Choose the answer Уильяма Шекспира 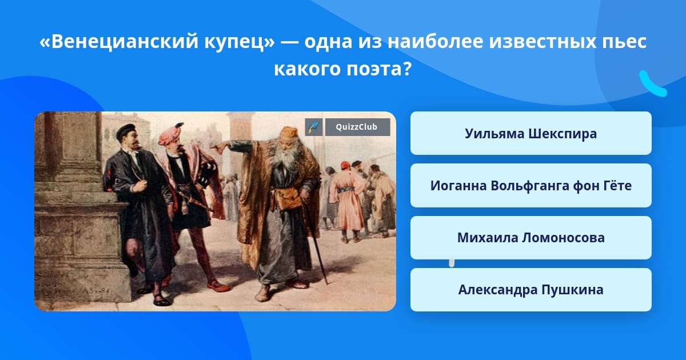[531, 134]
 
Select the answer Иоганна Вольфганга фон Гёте [531, 186]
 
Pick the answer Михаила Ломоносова [531, 238]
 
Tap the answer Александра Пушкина [531, 290]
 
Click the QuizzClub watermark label [357, 127]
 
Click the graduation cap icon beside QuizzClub [313, 127]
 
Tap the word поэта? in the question [379, 69]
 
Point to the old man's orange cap [289, 133]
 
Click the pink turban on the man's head [170, 135]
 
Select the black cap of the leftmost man [126, 131]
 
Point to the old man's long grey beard [286, 156]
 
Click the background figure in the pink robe [348, 199]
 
